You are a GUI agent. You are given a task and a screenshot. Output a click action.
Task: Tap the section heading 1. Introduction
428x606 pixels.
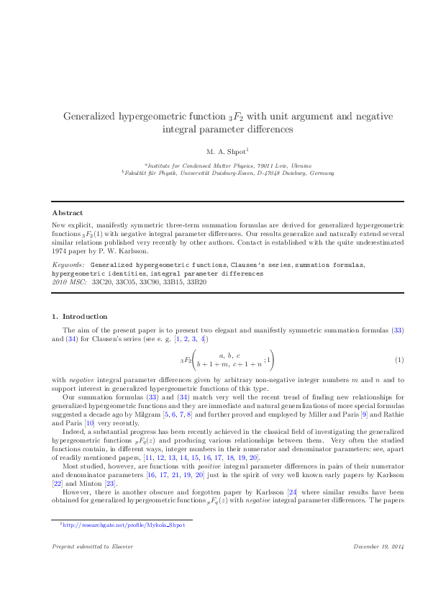pyautogui.click(x=80, y=316)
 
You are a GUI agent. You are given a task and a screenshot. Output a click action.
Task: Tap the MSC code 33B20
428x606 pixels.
pyautogui.click(x=196, y=281)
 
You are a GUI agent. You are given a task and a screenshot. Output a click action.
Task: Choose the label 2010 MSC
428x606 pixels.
pyautogui.click(x=69, y=281)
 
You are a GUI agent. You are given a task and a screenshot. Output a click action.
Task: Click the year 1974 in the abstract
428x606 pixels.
pyautogui.click(x=61, y=251)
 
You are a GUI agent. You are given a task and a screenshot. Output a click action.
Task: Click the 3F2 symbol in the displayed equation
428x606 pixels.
pyautogui.click(x=187, y=359)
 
